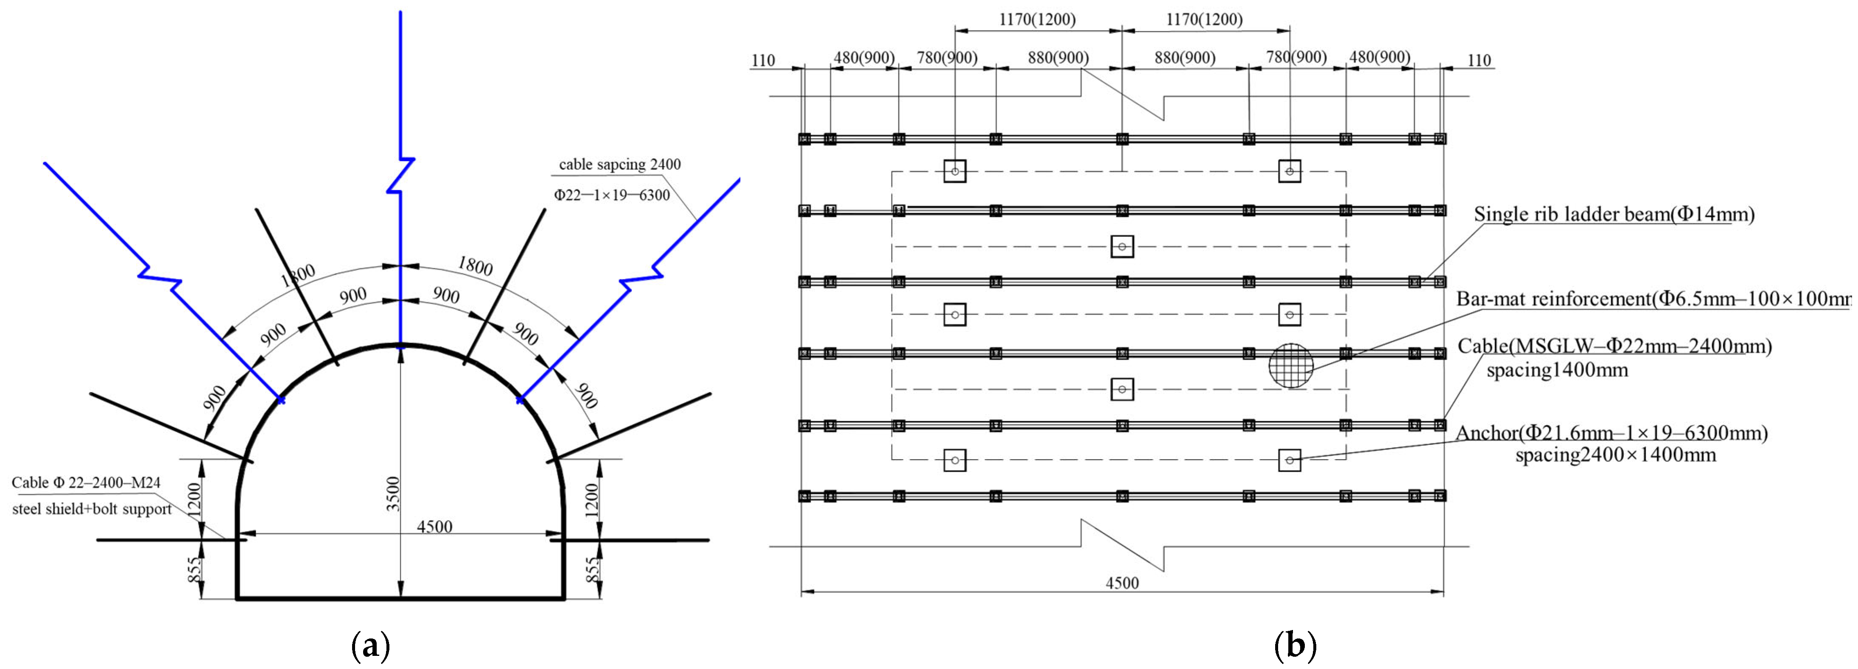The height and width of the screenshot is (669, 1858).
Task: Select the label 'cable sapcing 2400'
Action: click(x=620, y=164)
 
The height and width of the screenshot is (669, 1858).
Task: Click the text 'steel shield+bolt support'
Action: click(x=92, y=509)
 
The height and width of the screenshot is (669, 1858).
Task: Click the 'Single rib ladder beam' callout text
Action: click(x=1614, y=214)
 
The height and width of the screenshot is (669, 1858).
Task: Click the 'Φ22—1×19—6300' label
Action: click(x=612, y=195)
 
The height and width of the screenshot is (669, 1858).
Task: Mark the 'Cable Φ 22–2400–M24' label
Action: click(x=86, y=483)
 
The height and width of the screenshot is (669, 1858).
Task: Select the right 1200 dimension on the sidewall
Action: click(x=591, y=497)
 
